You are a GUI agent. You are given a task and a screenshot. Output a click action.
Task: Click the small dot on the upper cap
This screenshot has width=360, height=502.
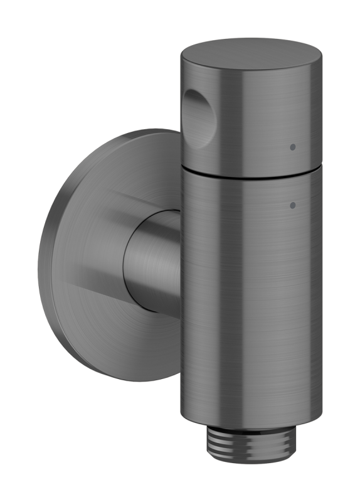(x=292, y=147)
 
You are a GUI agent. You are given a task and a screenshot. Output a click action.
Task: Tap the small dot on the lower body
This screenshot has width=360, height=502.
(x=292, y=205)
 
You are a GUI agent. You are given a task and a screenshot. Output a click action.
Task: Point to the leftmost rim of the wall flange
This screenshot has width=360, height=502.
(x=40, y=257)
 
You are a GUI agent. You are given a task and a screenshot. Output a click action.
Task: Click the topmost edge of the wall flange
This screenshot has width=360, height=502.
(x=151, y=130)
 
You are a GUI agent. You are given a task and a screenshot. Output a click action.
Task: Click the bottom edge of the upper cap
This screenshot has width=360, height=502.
(x=251, y=171)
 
